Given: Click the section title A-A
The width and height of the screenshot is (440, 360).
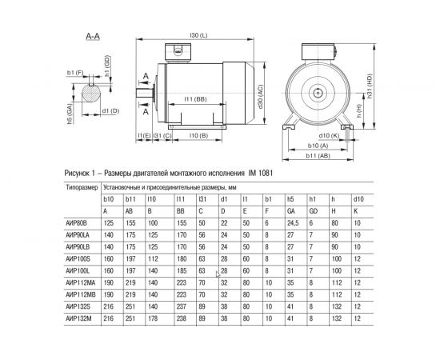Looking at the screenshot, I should [x=92, y=37].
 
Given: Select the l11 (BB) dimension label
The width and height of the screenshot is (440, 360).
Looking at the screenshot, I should [x=195, y=98].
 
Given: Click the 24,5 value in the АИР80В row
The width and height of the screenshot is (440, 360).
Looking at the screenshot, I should [x=293, y=222].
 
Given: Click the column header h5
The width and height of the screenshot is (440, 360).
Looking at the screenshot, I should [x=290, y=198].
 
